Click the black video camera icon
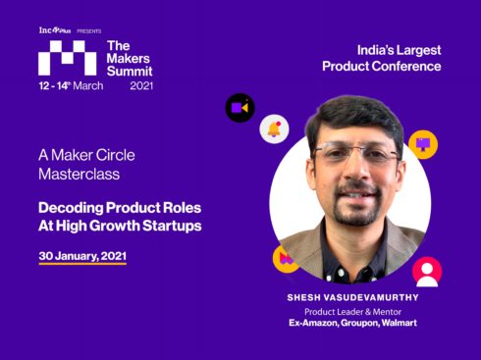click(240, 107)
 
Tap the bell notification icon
click(274, 129)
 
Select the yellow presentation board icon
click(423, 144)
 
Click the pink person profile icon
click(426, 272)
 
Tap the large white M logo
click(67, 59)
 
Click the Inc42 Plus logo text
click(55, 30)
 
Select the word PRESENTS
click(88, 30)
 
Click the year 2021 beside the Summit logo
click(141, 86)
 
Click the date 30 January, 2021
click(82, 255)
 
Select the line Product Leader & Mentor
click(354, 311)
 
